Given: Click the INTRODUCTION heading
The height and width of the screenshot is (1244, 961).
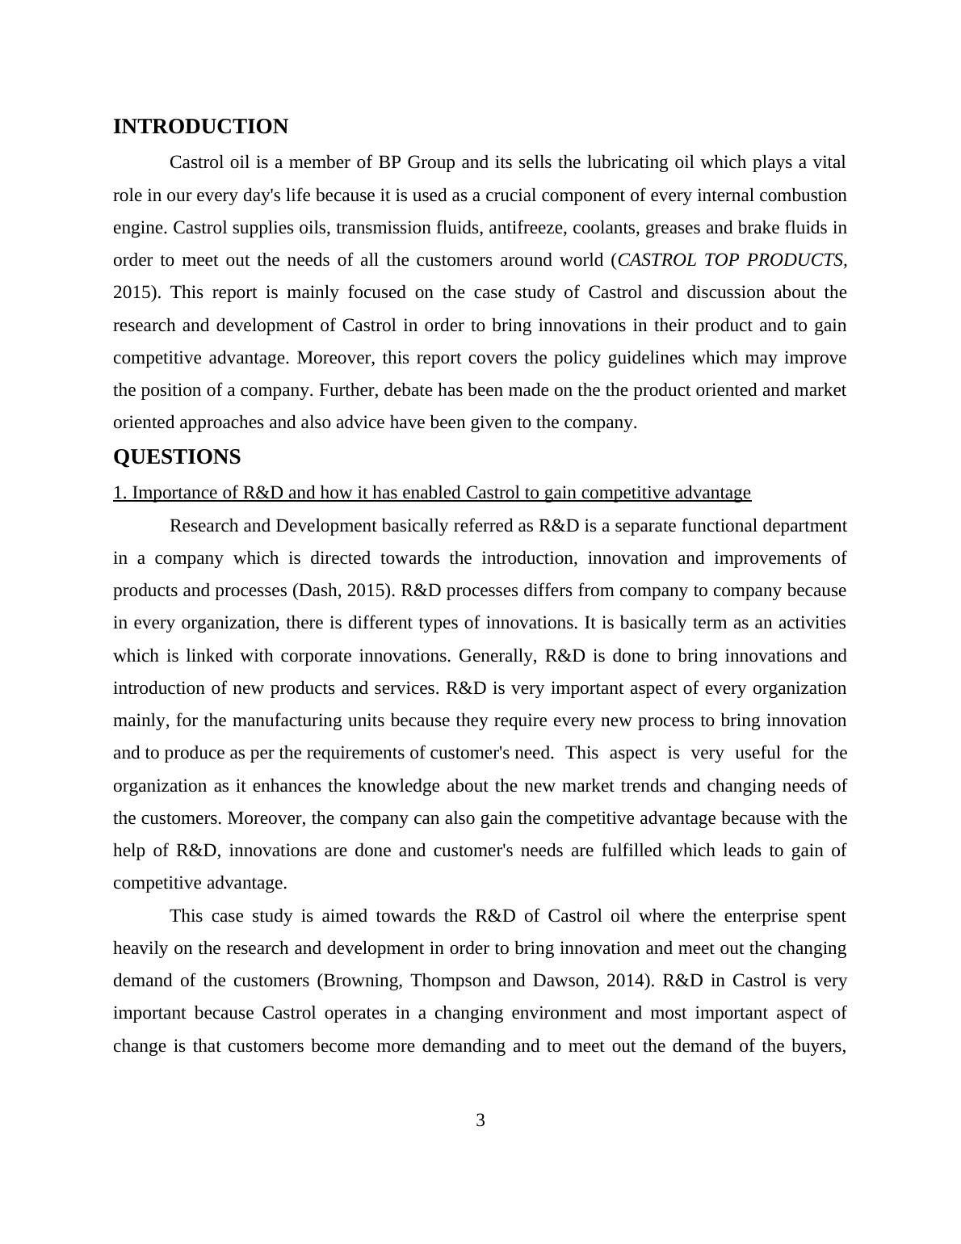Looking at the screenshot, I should tap(200, 127).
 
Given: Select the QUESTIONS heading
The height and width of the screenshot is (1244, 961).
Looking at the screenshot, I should tap(177, 457).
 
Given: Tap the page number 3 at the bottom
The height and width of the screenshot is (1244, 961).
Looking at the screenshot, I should tap(480, 1120).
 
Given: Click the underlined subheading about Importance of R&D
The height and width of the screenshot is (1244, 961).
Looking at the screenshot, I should tap(432, 493).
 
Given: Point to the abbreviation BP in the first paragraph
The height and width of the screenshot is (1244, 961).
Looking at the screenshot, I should tap(389, 162).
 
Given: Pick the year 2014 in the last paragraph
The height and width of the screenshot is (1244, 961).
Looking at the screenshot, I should tap(627, 981).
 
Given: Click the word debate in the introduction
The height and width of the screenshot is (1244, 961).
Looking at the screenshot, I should tap(409, 390).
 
